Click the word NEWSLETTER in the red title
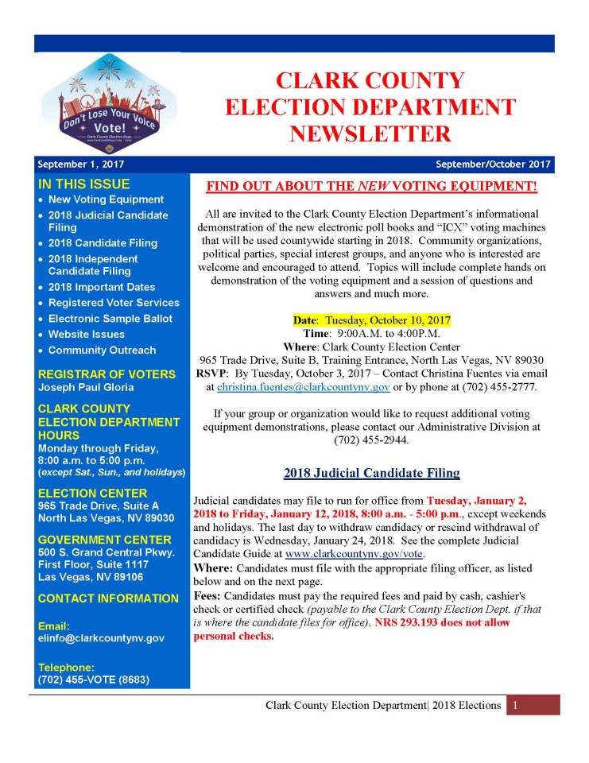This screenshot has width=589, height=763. [x=370, y=133]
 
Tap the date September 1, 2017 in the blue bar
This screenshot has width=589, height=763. [x=80, y=165]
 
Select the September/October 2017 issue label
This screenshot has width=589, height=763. [x=493, y=165]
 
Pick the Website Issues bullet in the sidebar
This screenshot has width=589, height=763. [x=86, y=335]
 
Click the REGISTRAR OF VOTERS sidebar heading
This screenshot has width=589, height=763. [x=107, y=374]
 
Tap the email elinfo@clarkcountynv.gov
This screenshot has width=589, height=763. [x=101, y=638]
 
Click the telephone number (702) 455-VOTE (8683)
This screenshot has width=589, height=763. [x=93, y=680]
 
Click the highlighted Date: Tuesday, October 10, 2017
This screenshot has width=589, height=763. [x=371, y=320]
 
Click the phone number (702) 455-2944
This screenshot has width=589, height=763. [x=371, y=440]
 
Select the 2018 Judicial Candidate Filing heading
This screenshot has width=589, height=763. [x=371, y=474]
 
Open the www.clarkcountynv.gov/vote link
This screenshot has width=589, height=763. [x=355, y=553]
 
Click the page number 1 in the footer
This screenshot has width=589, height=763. [x=515, y=705]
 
